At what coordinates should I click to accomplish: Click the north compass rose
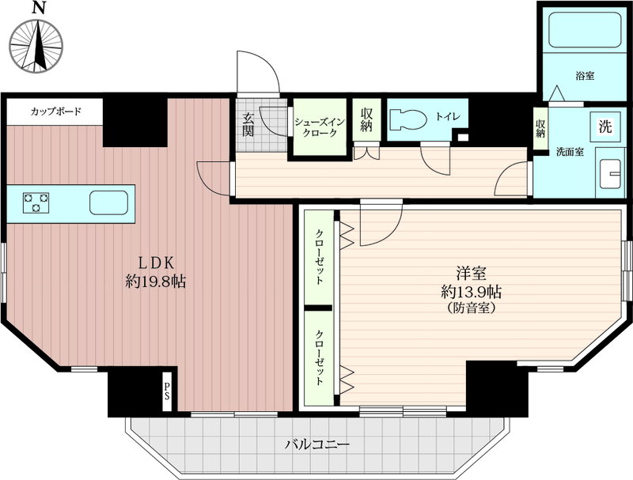coord(36,46)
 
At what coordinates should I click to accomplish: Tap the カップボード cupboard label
coord(56,111)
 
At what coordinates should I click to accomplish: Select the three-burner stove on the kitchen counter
coord(36,202)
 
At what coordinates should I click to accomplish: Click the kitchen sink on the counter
coord(108,202)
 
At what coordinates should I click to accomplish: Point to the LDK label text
coord(156,263)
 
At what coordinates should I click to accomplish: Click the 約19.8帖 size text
coord(155,282)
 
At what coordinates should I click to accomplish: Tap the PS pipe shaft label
coord(167,391)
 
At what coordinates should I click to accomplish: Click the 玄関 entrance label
coord(248,124)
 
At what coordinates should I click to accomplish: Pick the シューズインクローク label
coord(320,127)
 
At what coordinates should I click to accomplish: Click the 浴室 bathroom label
coord(585,75)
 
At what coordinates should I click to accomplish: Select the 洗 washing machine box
coord(605,127)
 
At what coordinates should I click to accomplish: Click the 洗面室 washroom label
coord(570,152)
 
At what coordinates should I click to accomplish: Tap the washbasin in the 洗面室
coord(609,174)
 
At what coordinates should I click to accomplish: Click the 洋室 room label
coord(471,273)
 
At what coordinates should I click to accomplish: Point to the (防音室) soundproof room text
coord(471,308)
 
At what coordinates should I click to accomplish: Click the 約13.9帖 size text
coord(471,291)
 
